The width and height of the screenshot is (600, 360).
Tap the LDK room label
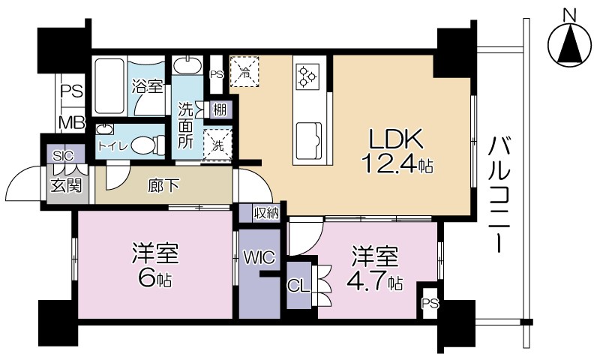[x=395, y=139]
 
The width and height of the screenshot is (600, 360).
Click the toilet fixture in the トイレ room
[x=150, y=144]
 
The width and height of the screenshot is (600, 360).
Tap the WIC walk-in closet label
[x=259, y=257]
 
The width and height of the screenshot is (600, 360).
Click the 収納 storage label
[x=265, y=213]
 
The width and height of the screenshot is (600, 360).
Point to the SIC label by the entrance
[x=62, y=155]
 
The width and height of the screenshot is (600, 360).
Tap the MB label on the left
[x=72, y=122]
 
